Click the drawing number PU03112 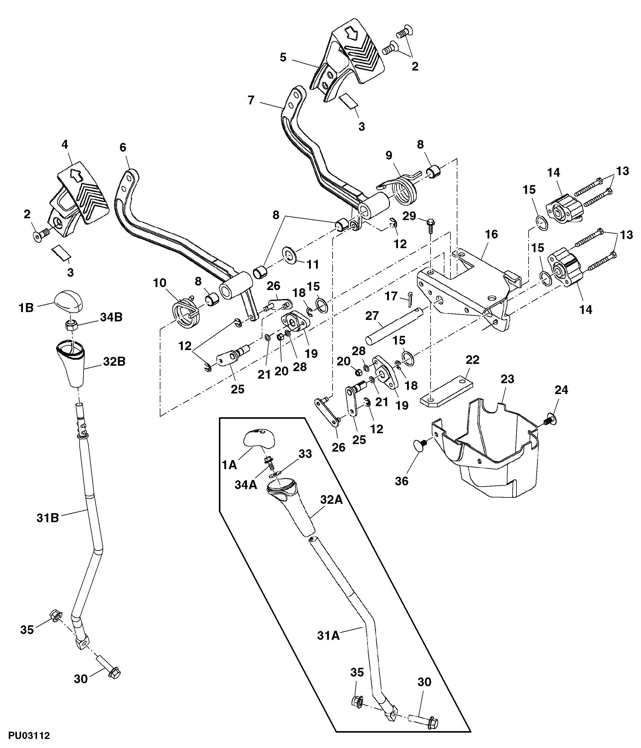coord(29,735)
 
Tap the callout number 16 coord(491,234)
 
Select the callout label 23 coord(507,379)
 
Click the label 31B coord(48,518)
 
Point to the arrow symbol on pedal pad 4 coord(75,175)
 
